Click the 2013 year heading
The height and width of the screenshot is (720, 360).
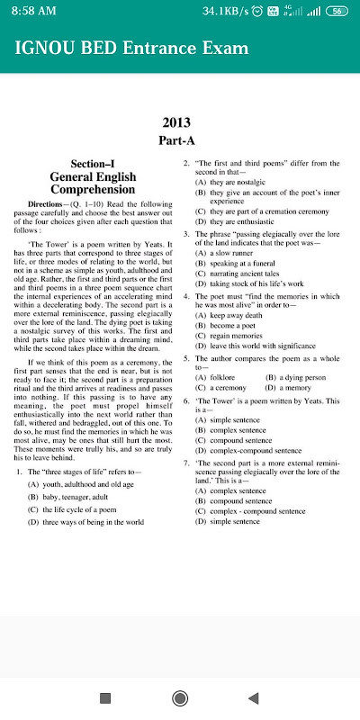[x=180, y=122]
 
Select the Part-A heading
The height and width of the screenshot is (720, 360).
[x=180, y=140]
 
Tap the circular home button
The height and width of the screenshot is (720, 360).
[x=180, y=698]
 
